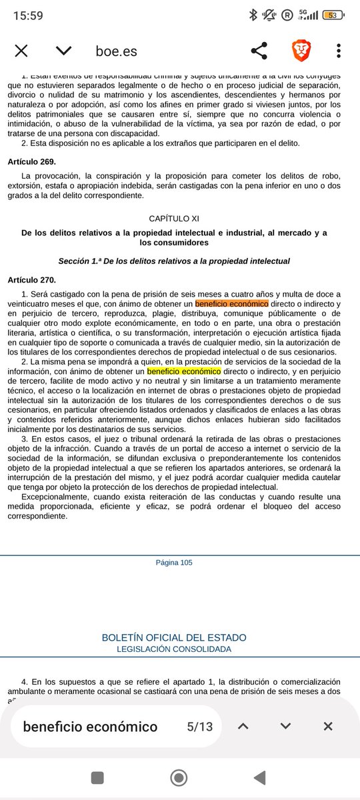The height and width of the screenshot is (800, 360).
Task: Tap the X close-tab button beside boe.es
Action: pos(21,51)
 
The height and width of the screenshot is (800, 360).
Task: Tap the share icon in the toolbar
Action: pos(259,51)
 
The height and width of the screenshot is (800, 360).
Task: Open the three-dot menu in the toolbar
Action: pos(339,51)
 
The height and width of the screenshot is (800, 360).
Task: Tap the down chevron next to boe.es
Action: pos(63,51)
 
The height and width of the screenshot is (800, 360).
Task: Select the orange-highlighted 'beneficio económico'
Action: pos(231,304)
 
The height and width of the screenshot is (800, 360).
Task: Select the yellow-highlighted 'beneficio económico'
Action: pos(184,370)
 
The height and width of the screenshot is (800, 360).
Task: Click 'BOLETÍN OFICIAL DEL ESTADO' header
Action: pos(174,637)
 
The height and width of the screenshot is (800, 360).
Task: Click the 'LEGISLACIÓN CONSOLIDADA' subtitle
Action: pos(174,649)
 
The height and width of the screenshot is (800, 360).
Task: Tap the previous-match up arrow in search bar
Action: pos(243,726)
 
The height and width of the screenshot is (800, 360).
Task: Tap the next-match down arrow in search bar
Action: pos(285,726)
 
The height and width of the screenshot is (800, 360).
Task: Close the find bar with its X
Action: pos(327,726)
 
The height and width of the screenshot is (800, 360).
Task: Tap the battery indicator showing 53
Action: pos(331,15)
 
